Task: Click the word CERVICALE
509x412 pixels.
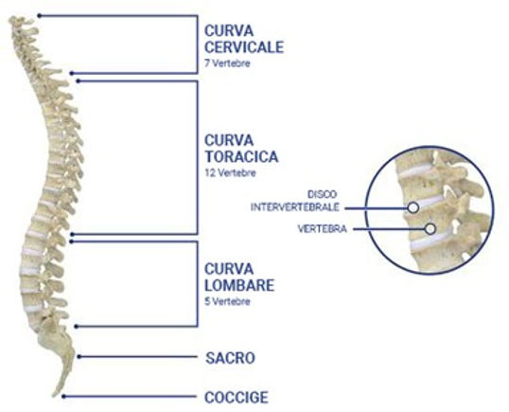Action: click(244, 47)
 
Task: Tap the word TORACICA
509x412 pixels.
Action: click(241, 156)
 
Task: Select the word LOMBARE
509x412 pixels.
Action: click(239, 285)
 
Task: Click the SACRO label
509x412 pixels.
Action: click(230, 358)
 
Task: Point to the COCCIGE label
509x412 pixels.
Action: click(237, 397)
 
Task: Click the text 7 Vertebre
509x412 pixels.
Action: click(227, 63)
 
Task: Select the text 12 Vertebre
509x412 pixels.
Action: click(230, 172)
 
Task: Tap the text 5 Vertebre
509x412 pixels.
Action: click(227, 301)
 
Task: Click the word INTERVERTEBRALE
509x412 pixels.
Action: click(295, 207)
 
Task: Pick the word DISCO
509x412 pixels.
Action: click(322, 194)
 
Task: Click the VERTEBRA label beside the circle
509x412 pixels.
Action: click(322, 229)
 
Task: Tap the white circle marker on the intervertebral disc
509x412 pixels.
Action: click(412, 207)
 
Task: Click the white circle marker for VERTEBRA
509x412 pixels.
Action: click(430, 229)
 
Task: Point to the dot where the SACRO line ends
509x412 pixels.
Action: click(79, 357)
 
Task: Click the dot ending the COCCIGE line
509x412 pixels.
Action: click(63, 397)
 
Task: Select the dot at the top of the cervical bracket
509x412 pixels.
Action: click(40, 15)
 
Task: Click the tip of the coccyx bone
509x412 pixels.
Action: click(54, 396)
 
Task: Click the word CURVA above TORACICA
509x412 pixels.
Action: click(229, 140)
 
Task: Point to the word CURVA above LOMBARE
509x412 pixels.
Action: click(229, 269)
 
